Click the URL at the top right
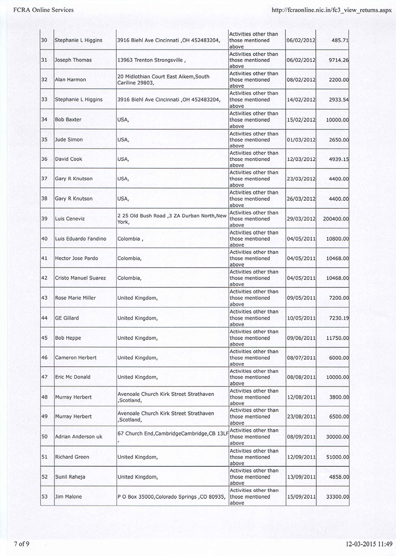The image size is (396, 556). click(x=328, y=9)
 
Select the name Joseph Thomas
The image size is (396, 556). click(x=73, y=60)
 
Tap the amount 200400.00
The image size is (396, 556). click(x=333, y=219)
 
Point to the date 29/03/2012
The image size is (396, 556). click(x=301, y=219)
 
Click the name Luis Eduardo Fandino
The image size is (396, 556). click(x=81, y=238)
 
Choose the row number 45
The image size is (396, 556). click(x=45, y=338)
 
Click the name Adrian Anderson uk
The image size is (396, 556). click(x=79, y=437)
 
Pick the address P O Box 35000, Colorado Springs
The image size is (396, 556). click(x=172, y=497)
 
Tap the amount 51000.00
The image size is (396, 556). click(x=335, y=457)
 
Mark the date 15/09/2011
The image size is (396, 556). click(x=301, y=497)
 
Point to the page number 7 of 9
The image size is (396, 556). click(x=21, y=544)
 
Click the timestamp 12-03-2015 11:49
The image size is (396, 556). click(x=369, y=544)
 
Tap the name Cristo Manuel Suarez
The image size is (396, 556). click(x=80, y=278)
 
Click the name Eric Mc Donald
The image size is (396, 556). click(x=73, y=377)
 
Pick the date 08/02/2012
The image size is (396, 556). click(x=301, y=80)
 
